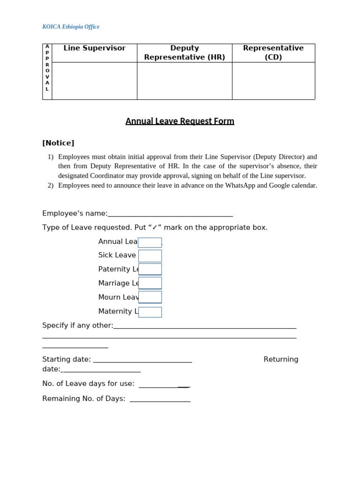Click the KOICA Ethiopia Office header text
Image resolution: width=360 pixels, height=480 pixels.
click(71, 27)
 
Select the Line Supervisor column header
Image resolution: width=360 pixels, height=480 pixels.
click(94, 48)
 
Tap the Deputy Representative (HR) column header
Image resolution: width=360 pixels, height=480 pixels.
click(184, 52)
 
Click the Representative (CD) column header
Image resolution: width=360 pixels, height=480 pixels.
click(273, 52)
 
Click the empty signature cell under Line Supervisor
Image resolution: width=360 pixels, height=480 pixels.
click(94, 81)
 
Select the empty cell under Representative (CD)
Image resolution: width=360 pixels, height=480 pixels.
click(273, 81)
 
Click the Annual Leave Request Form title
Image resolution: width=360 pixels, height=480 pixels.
click(180, 121)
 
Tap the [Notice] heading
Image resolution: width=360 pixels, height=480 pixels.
click(58, 143)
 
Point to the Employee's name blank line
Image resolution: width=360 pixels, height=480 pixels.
click(170, 214)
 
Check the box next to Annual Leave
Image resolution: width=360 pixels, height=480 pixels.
click(150, 242)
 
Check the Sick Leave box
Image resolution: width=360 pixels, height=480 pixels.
click(150, 256)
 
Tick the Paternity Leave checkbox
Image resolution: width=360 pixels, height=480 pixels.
click(150, 269)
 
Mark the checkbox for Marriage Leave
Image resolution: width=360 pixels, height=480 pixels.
click(150, 283)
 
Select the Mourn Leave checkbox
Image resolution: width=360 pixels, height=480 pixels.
click(150, 297)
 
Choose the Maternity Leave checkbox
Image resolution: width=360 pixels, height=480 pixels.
click(150, 312)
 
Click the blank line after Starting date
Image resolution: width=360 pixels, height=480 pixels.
click(142, 360)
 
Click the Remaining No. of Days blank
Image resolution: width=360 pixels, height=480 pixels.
click(160, 399)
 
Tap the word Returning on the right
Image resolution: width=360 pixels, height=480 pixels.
click(281, 360)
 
